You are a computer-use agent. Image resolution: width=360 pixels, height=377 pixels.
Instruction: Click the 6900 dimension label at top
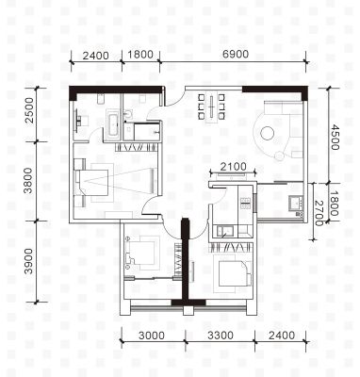point(236,54)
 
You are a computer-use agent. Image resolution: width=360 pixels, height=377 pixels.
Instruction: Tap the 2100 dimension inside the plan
point(233,167)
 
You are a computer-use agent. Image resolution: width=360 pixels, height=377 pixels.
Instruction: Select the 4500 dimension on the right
point(335,138)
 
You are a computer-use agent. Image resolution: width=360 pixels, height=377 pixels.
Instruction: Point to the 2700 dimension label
point(319,213)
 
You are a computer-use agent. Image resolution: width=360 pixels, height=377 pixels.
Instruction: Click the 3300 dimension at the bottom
point(221,336)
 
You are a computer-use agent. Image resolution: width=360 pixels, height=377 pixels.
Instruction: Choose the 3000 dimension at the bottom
point(152,336)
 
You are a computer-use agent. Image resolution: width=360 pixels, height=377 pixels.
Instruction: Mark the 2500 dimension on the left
point(29,110)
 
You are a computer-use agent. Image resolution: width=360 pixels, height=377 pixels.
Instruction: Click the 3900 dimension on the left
point(29,261)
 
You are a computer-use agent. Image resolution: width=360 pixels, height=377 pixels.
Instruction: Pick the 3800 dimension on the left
point(29,180)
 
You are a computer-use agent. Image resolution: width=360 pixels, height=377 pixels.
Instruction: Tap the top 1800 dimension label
point(140,55)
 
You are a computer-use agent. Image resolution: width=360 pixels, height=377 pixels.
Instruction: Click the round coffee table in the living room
point(268,133)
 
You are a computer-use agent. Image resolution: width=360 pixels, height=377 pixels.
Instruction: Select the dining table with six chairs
point(211,107)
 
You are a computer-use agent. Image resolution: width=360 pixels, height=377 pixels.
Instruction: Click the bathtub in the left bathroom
point(113,124)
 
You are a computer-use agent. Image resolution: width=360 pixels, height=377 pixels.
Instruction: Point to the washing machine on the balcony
point(295,204)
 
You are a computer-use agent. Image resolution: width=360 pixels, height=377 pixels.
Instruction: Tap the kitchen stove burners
point(245,203)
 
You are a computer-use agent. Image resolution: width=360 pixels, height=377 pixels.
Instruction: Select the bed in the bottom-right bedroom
point(235,273)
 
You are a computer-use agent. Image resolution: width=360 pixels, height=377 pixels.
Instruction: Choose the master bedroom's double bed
point(92,183)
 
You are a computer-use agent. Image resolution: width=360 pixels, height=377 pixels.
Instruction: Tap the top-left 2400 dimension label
point(96,56)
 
